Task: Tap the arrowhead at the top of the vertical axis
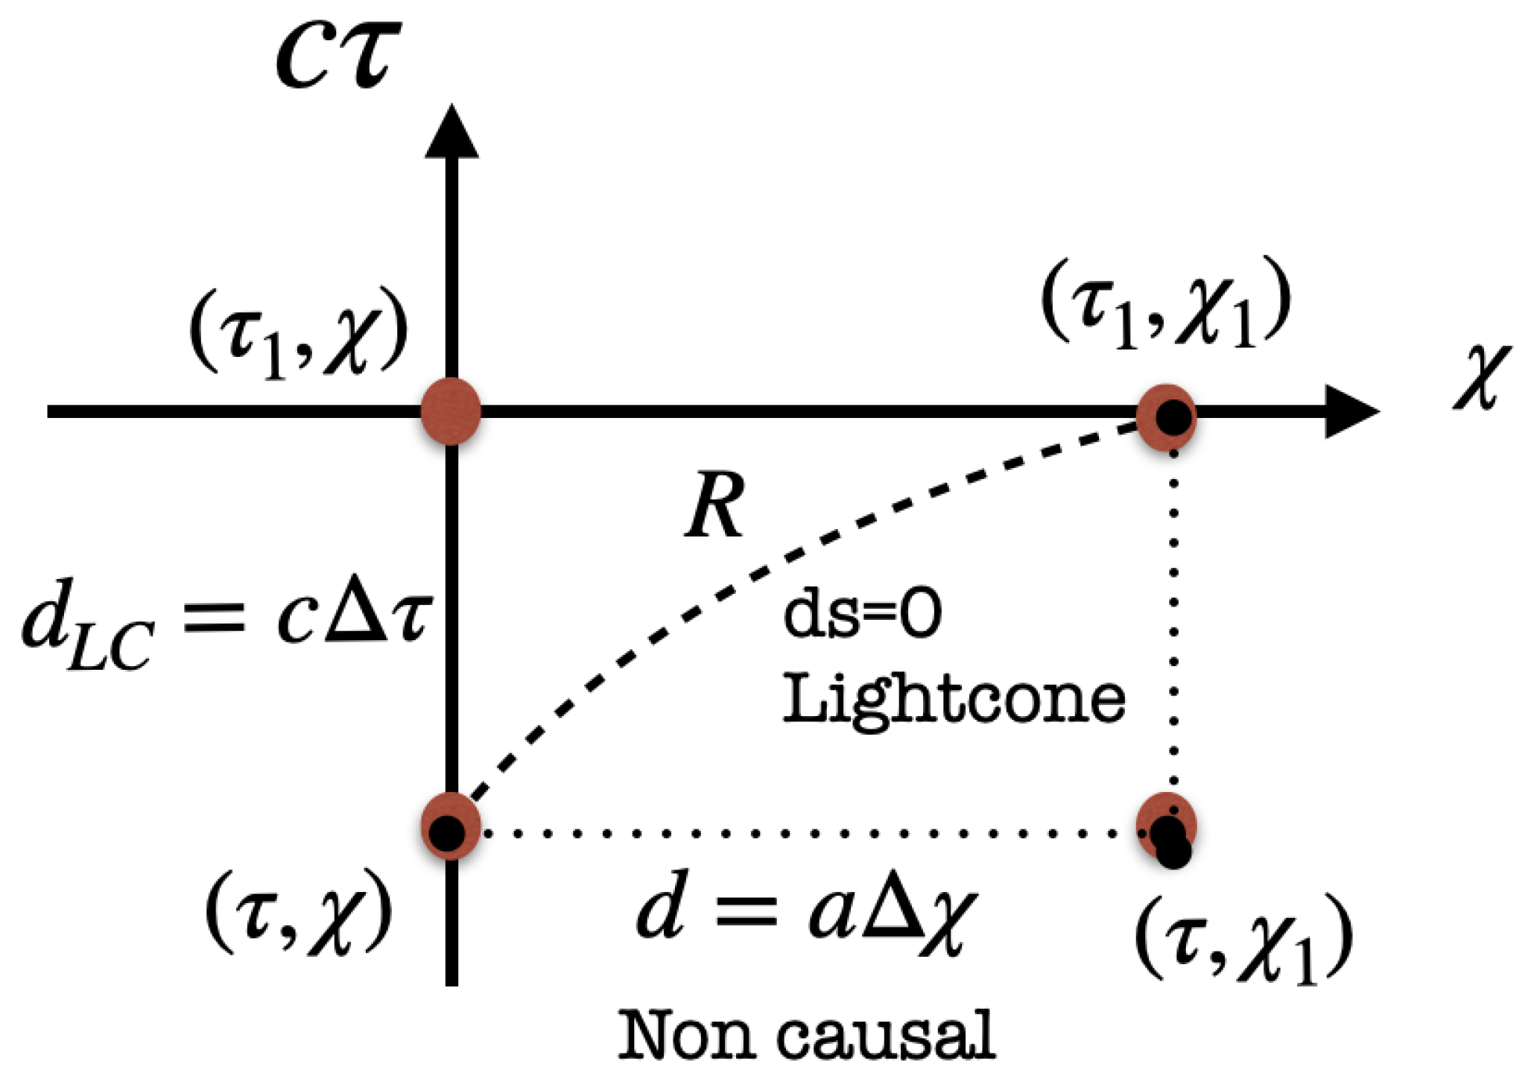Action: coord(451,134)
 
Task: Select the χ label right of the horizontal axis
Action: coord(1482,378)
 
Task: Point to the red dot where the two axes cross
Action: coord(451,411)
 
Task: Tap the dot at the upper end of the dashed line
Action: coord(1167,416)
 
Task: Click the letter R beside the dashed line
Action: coord(714,507)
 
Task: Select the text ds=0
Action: coord(862,614)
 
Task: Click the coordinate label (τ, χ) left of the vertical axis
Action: coord(299,914)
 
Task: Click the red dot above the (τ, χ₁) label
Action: coord(1167,827)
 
